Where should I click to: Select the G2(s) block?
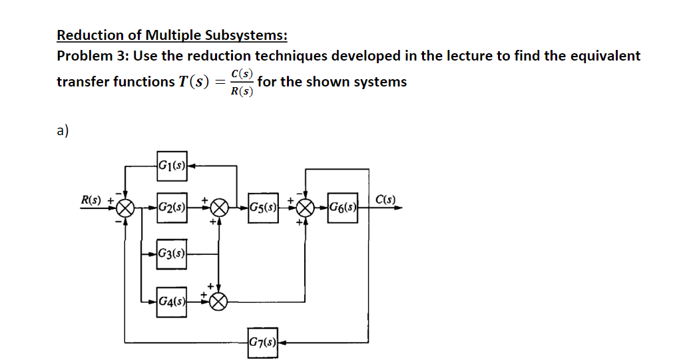pos(172,207)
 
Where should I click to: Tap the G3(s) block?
pos(172,254)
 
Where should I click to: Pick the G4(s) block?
pos(172,301)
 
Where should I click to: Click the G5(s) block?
pos(262,207)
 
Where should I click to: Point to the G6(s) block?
pos(343,207)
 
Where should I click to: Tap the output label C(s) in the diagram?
pos(385,198)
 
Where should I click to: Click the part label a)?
pos(63,130)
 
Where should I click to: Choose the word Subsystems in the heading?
pos(245,35)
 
